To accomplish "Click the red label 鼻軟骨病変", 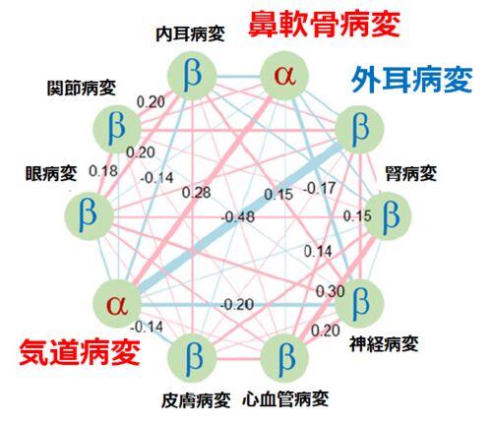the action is [324, 24].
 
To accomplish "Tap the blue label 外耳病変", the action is [411, 80].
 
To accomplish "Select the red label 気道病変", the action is [80, 352].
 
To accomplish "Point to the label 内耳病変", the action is [190, 34].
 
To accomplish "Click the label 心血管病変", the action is [285, 399].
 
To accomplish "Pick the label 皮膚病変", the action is [196, 400].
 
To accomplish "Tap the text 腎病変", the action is [411, 173].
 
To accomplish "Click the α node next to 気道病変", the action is [117, 304].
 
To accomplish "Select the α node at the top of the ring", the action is [284, 76].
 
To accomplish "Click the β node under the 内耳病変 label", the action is [192, 76].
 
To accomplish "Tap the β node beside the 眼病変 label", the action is [89, 215].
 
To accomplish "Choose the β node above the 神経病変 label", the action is [359, 304].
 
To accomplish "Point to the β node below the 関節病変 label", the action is [117, 129].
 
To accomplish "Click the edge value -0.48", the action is [238, 217].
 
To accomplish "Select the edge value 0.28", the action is [197, 193].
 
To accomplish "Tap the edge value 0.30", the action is [330, 291].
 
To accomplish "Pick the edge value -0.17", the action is [320, 188].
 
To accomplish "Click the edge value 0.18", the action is [103, 171].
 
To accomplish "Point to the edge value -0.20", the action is [237, 305].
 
